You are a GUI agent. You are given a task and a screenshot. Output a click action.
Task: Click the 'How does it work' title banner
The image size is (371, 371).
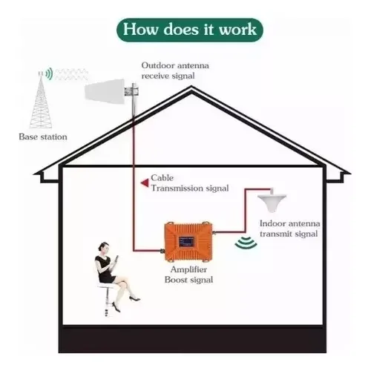[x=190, y=30]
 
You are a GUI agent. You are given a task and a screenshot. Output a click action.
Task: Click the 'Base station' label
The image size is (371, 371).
[x=43, y=137]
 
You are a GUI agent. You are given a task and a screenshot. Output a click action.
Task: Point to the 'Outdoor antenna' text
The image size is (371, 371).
[x=175, y=65]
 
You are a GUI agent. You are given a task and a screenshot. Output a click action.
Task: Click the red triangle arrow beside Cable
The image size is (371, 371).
[x=145, y=183]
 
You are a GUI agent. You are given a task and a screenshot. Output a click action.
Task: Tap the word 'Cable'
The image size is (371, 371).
[x=162, y=177]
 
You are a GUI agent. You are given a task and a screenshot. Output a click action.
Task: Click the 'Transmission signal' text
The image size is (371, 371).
[x=190, y=188]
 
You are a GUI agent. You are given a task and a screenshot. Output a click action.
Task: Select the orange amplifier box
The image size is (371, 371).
[x=188, y=241]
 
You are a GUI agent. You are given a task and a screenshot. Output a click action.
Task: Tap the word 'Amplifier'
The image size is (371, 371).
[x=188, y=269]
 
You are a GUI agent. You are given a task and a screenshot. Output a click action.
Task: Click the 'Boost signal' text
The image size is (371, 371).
[x=188, y=280]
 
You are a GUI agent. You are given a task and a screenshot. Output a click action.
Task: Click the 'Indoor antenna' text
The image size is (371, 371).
[x=290, y=223]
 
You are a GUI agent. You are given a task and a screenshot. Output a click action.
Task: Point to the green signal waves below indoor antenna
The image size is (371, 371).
[x=246, y=243]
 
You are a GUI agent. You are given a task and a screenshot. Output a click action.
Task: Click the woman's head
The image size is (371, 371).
[x=104, y=248]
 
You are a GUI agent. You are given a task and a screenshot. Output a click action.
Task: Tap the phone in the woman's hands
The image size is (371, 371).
[x=116, y=260]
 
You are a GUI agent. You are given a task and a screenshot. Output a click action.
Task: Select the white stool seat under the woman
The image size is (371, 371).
[x=105, y=286]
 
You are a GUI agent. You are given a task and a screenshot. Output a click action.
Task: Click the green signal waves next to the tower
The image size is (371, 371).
[x=50, y=73]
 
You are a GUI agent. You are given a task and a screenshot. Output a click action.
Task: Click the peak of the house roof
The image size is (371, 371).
[x=191, y=86]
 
